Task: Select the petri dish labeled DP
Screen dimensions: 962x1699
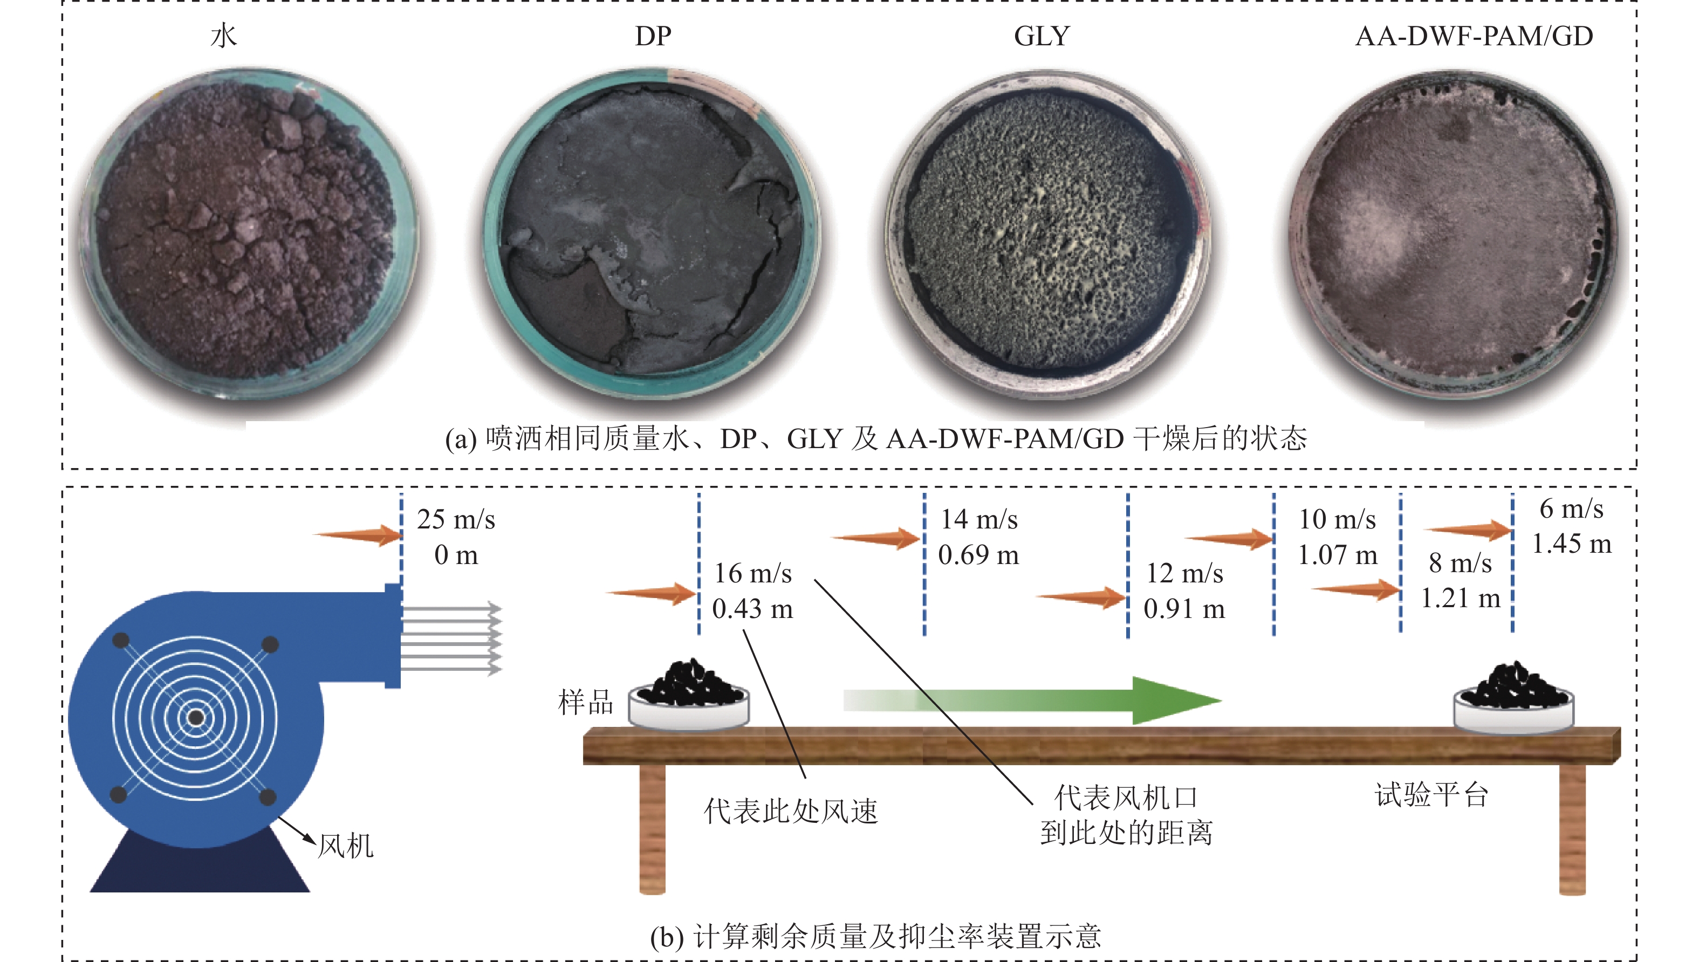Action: (651, 235)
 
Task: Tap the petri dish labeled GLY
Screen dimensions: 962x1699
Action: (1047, 235)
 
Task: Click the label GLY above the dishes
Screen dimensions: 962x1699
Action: (1042, 36)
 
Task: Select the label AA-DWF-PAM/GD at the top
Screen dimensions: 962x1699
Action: (1474, 36)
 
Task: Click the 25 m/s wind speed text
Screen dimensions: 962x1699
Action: (456, 519)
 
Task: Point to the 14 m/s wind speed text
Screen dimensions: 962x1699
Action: (979, 519)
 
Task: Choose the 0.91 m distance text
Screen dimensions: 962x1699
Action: (1184, 608)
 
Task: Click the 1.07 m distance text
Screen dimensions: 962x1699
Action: (1338, 555)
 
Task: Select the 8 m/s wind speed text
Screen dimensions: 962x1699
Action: (1461, 563)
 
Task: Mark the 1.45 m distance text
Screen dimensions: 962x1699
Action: (1572, 544)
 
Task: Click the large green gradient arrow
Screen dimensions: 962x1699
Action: (1031, 700)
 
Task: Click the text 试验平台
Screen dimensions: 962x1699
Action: (1431, 794)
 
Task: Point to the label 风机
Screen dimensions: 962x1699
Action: (346, 846)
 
